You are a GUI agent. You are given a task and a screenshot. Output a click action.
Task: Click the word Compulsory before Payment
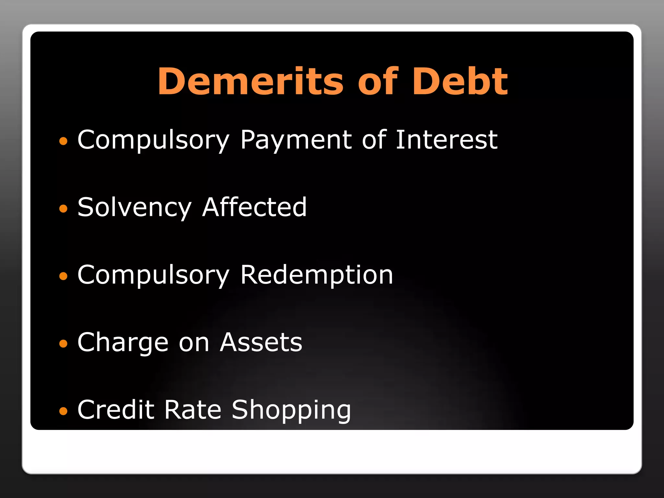click(x=153, y=140)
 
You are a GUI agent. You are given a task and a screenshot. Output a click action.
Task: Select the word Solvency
click(x=135, y=207)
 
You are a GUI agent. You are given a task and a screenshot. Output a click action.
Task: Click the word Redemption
click(x=316, y=275)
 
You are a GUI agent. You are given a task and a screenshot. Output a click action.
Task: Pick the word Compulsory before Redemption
click(x=153, y=275)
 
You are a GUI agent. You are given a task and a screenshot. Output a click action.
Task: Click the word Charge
click(x=123, y=343)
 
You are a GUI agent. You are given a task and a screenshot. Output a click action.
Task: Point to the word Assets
click(x=261, y=342)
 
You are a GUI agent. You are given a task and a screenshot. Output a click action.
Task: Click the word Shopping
click(x=291, y=410)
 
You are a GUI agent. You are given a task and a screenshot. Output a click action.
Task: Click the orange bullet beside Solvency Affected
click(x=63, y=208)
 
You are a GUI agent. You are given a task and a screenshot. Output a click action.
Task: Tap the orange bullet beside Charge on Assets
click(x=63, y=344)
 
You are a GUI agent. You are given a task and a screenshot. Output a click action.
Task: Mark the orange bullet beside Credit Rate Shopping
click(x=63, y=411)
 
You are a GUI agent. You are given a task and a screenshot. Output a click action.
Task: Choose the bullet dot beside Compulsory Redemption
click(x=63, y=276)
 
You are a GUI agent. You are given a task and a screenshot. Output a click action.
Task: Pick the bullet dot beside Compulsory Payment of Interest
click(x=63, y=141)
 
